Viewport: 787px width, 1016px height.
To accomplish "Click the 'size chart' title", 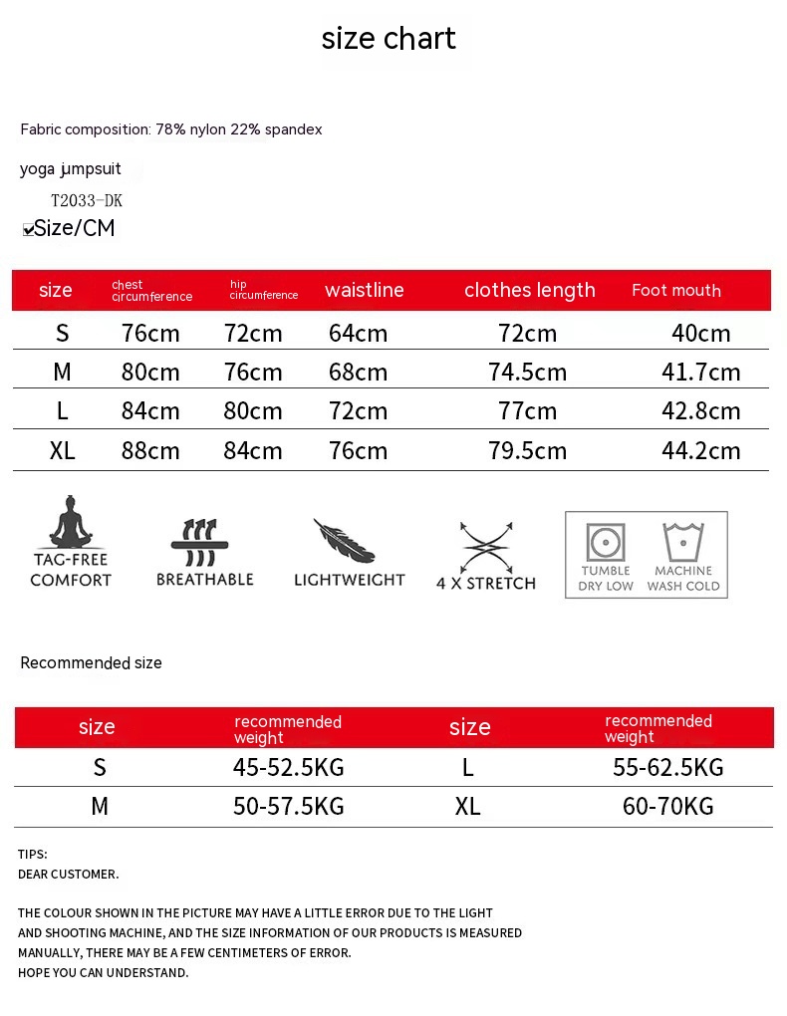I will tap(389, 39).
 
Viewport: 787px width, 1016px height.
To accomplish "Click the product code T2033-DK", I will tap(87, 200).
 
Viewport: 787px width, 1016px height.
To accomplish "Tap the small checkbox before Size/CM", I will tap(28, 230).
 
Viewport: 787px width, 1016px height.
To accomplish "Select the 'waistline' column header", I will tap(364, 290).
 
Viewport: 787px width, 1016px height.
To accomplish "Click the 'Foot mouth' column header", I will tap(675, 290).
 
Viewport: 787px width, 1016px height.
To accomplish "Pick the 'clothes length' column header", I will tap(529, 290).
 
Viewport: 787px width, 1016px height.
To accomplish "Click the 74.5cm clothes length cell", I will tap(527, 373).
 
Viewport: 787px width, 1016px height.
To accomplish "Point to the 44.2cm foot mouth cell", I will tap(700, 450).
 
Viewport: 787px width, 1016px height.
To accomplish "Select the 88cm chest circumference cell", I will tap(150, 450).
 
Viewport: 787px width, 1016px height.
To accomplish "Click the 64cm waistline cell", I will tap(358, 334).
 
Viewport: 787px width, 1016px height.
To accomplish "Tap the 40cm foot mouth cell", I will tap(700, 334).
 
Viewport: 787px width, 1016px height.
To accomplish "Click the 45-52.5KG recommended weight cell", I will tap(288, 767).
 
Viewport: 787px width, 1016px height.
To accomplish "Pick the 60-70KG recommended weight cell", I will tap(667, 806).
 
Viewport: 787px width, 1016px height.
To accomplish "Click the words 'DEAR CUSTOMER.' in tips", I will tap(68, 875).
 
